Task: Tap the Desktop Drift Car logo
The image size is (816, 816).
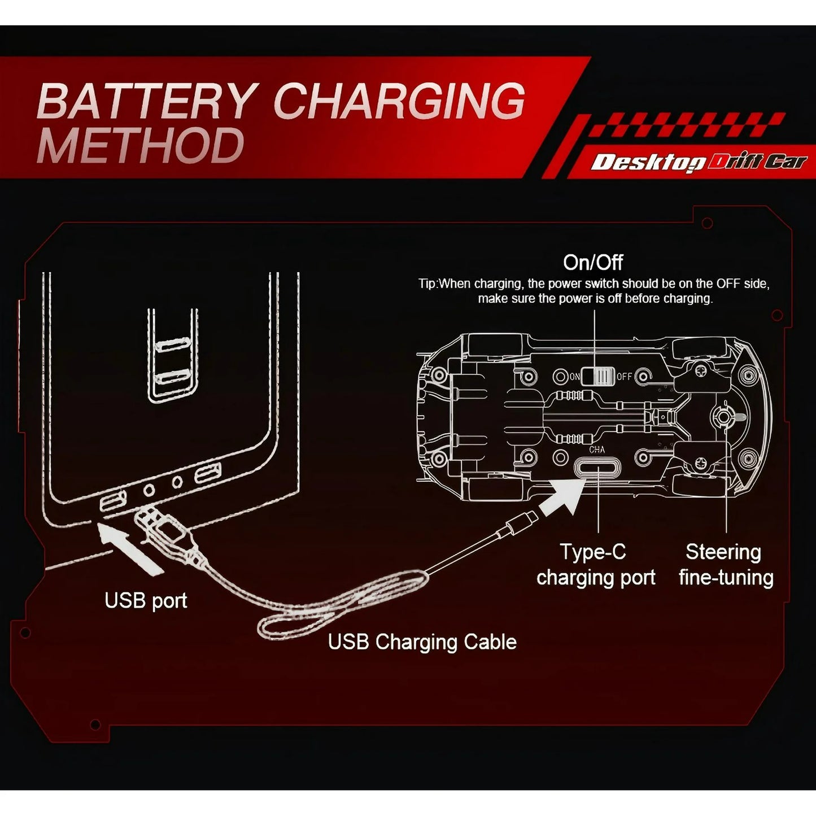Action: (x=699, y=162)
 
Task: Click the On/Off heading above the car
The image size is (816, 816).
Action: (x=593, y=263)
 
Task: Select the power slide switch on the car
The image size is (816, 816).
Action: (x=597, y=376)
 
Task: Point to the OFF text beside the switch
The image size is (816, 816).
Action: (x=624, y=376)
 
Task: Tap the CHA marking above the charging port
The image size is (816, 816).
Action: (x=597, y=450)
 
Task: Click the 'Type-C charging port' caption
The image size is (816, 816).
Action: (x=595, y=565)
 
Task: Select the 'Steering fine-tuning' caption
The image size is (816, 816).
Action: (x=726, y=565)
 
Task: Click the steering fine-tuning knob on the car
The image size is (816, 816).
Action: (x=722, y=417)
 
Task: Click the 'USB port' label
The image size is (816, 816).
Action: (x=146, y=601)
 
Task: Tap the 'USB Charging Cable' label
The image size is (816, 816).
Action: (x=422, y=642)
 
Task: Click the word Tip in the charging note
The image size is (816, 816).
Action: (x=427, y=283)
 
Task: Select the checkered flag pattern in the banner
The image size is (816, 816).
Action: (x=686, y=125)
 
